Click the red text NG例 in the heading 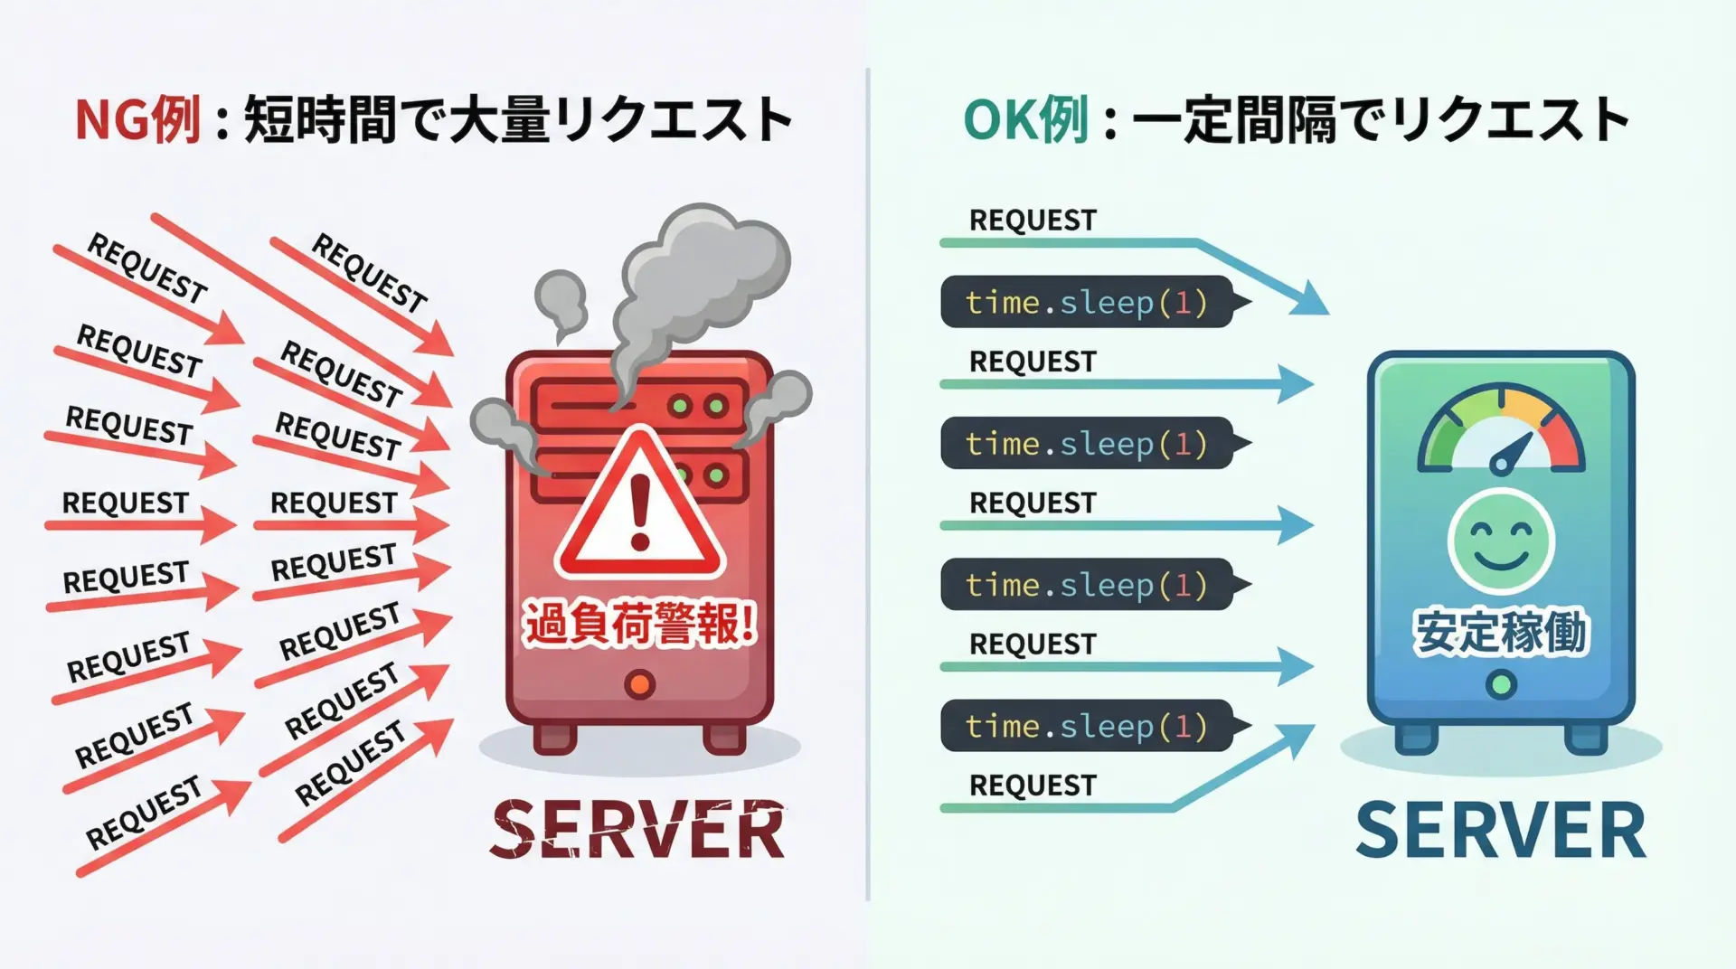pos(137,120)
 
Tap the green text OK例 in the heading pos(1025,120)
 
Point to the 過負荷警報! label pos(640,625)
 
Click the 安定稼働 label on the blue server pos(1501,632)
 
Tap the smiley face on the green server pos(1501,541)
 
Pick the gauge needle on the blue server pos(1511,452)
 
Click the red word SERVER pos(638,830)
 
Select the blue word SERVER pos(1501,830)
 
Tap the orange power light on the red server pos(640,684)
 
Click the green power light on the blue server pos(1501,684)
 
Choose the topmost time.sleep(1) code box pos(1087,302)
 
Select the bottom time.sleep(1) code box pos(1087,726)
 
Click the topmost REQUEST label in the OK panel pos(1033,220)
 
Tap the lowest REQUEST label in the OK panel pos(1033,786)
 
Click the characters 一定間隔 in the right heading pos(1234,120)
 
